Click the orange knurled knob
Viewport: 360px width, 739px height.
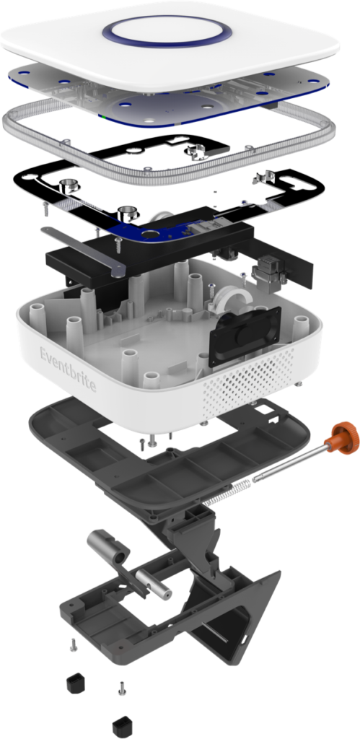(344, 437)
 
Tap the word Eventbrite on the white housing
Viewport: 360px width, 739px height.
(68, 369)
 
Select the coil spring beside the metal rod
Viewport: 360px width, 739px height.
(228, 493)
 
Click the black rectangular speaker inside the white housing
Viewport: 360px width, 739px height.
(245, 336)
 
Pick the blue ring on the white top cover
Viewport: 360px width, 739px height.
(167, 31)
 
